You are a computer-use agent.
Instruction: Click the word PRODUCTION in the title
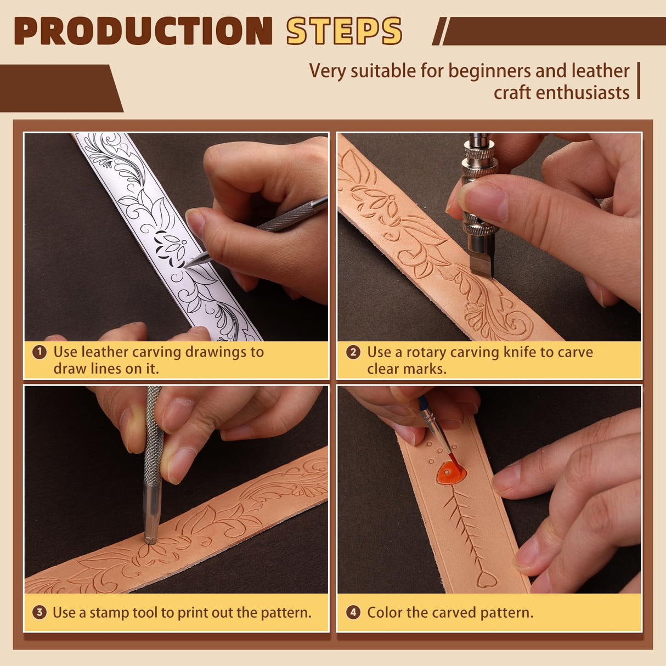click(x=143, y=31)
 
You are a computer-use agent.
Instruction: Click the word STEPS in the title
click(x=344, y=31)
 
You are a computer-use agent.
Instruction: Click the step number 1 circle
click(x=39, y=352)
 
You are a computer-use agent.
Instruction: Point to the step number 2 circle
click(x=353, y=352)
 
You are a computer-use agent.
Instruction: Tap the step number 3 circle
click(x=39, y=612)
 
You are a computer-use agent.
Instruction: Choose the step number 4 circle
click(x=353, y=612)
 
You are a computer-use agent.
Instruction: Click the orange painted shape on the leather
click(x=451, y=472)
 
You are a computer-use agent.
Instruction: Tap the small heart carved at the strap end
click(x=486, y=579)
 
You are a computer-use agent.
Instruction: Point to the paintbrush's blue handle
click(x=425, y=406)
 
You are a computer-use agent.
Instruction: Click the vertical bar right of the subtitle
click(x=639, y=81)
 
